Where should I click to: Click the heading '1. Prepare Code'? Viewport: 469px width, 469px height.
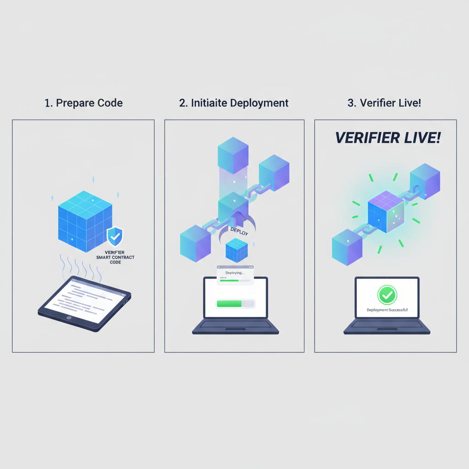pos(84,103)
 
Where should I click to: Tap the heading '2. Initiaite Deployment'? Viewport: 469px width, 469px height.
pos(234,103)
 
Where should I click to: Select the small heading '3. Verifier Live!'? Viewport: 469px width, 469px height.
pos(384,103)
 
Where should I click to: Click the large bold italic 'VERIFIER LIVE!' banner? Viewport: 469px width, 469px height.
pos(387,138)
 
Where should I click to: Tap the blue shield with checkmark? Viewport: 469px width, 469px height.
pos(115,237)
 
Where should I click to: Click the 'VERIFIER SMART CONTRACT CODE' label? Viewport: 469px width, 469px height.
pos(115,257)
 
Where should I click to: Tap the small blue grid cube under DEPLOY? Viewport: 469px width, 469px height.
pos(237,251)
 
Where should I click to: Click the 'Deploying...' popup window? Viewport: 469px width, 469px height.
pos(235,275)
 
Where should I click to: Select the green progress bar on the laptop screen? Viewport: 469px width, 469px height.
pos(229,304)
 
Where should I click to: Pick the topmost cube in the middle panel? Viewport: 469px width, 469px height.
pos(233,155)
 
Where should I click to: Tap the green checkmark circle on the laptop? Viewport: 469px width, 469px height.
pos(387,295)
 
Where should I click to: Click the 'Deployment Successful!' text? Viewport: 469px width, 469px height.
pos(387,310)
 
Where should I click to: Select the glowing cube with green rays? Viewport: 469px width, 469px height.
pos(386,212)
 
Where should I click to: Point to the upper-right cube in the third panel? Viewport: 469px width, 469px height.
pos(425,182)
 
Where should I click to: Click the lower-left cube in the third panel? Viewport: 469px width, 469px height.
pos(347,247)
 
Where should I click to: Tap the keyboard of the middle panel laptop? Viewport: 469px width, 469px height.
pos(235,326)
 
